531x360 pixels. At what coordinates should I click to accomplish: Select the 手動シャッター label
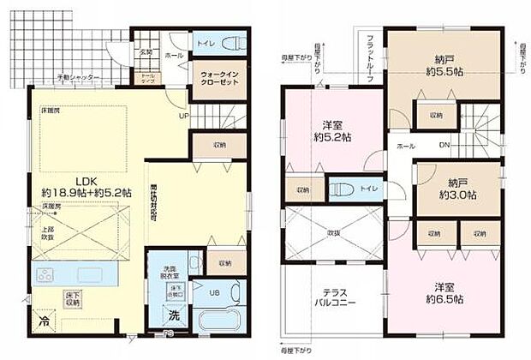click(x=79, y=78)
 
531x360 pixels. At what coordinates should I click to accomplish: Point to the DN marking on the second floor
click(x=444, y=145)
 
